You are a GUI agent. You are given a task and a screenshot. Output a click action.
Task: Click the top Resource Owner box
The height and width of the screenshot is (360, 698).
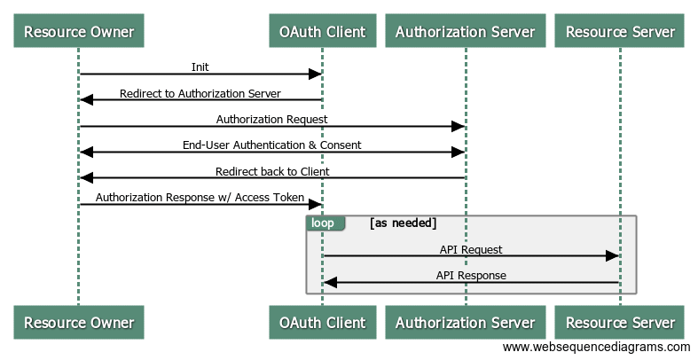[x=79, y=32]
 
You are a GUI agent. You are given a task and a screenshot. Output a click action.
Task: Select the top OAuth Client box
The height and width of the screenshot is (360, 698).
[x=323, y=32]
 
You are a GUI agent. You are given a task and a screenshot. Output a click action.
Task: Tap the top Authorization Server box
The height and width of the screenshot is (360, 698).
[x=465, y=32]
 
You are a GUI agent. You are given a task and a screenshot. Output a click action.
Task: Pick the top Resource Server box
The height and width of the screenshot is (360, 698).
[x=620, y=32]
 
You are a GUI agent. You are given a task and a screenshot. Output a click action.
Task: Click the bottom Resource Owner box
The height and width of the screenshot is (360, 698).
[x=79, y=322]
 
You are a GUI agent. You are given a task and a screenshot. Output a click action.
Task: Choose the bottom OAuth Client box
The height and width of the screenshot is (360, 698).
[x=323, y=322]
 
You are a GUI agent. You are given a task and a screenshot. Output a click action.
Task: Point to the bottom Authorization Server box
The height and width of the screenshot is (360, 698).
[x=465, y=322]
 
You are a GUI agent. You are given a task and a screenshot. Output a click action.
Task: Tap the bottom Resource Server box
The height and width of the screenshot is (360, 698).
[x=620, y=322]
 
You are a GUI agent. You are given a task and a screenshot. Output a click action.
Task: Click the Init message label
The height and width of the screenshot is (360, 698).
[x=200, y=67]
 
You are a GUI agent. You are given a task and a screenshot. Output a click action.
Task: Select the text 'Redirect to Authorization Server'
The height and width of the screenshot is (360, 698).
[x=200, y=93]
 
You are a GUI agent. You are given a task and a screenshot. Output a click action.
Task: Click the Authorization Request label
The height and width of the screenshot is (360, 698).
[x=271, y=119]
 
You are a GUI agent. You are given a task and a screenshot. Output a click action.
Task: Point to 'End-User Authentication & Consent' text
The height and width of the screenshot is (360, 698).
[x=271, y=145]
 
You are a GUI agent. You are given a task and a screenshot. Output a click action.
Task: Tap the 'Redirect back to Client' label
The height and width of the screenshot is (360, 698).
[x=271, y=171]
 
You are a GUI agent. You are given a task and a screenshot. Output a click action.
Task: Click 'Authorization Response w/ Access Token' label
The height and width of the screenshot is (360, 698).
[x=200, y=197]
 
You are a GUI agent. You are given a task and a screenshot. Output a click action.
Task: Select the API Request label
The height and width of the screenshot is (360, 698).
[x=471, y=249]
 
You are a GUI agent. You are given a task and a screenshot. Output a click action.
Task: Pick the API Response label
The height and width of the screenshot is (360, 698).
[x=471, y=275]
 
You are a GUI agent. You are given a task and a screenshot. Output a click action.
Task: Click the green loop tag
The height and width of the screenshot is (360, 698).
[x=323, y=223]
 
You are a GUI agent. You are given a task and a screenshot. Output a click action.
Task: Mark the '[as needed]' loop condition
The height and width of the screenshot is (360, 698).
[x=404, y=223]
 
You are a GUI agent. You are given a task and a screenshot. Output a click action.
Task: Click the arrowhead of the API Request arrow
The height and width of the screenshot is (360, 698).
[x=613, y=255]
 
